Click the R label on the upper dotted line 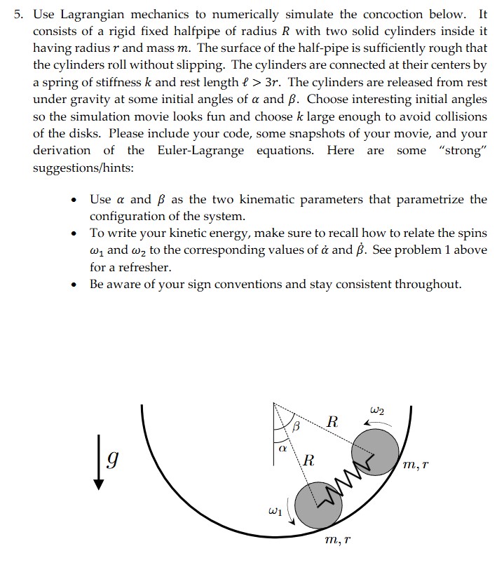tap(333, 423)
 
